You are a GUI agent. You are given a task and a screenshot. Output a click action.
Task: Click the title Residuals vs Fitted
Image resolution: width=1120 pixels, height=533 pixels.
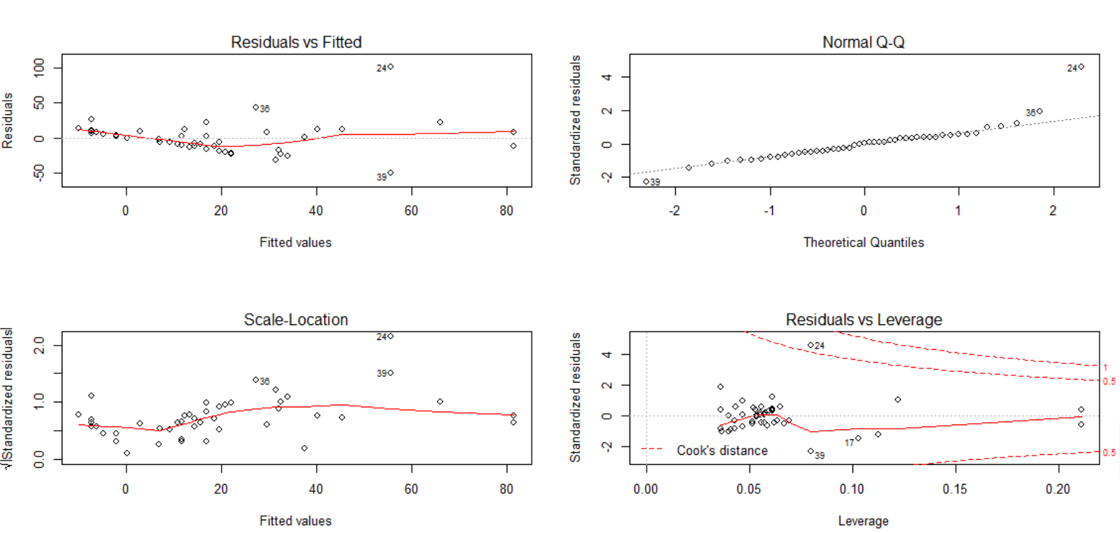pos(296,43)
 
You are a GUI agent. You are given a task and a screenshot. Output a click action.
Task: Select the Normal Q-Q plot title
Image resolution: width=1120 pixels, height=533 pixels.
pos(863,43)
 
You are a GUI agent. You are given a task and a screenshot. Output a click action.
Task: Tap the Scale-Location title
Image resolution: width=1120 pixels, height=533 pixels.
pos(296,320)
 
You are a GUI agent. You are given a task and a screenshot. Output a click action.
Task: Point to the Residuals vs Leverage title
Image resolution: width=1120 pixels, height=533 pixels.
pos(863,320)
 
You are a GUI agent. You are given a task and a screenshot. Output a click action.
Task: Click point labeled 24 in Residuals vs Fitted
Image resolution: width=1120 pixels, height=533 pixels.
pos(390,67)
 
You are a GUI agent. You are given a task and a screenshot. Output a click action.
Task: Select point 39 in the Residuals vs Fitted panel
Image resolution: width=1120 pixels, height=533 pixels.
pos(390,172)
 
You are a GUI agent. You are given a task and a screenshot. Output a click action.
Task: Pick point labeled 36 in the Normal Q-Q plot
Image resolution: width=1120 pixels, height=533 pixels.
pos(1039,111)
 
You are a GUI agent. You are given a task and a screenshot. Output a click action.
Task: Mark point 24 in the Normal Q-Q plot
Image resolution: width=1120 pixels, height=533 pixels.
pos(1081,67)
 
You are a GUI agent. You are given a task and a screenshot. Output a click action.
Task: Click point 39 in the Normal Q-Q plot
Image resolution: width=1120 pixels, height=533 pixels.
pos(646,182)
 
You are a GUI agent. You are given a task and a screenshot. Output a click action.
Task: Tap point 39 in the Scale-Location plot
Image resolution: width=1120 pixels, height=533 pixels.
pos(390,373)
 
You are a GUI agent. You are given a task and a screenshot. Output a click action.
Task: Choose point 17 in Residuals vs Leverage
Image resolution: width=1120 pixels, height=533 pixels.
pos(858,439)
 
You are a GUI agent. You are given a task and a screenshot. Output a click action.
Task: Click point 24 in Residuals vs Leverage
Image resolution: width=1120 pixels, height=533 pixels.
pos(811,346)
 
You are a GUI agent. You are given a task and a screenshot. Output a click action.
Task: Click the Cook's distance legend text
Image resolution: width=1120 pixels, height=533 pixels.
pos(722,451)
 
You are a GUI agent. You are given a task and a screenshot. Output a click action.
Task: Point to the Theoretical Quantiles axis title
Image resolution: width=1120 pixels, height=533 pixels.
pos(863,243)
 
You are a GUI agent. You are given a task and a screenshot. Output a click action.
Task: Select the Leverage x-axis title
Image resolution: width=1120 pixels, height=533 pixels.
pos(863,521)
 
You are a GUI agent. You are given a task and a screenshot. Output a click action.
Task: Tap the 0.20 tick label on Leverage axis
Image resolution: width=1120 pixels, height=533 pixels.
pos(1058,489)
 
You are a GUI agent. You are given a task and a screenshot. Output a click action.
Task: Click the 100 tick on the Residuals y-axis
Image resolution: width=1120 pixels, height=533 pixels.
pos(39,67)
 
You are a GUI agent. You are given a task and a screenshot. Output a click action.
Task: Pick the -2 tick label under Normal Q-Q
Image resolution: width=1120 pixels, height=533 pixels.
pos(674,211)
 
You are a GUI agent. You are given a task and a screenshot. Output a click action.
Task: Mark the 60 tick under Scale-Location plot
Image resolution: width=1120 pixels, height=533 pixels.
pos(411,489)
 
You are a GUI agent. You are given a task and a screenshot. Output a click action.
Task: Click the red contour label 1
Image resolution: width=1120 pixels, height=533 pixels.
pos(1105,367)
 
